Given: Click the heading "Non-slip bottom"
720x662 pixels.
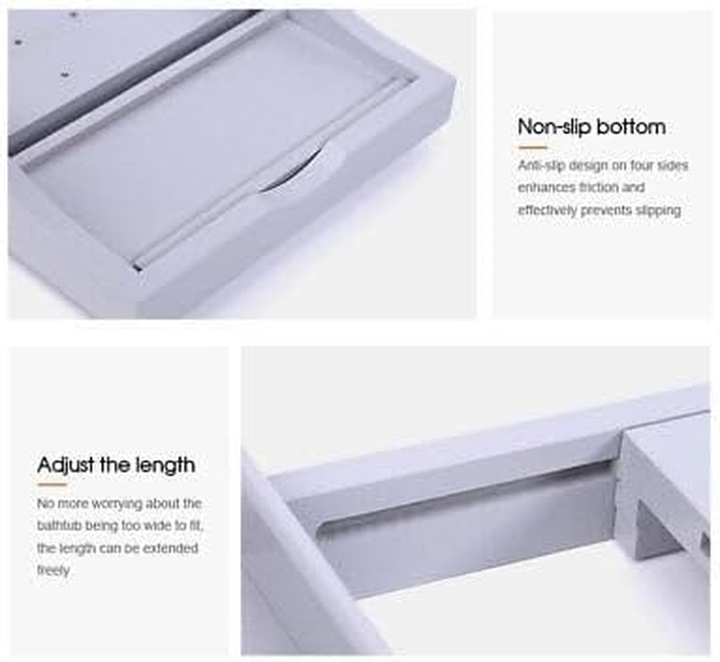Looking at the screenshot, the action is (592, 127).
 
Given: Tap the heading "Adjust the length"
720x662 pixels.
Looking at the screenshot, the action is (116, 465).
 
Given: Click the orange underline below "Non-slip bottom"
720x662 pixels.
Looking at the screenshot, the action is (533, 147).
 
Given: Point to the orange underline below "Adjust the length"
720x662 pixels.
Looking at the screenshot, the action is (52, 484).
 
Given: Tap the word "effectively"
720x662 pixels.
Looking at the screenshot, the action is (547, 210).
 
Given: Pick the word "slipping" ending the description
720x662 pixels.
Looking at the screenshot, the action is (658, 210).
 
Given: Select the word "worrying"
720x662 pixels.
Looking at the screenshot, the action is (117, 504).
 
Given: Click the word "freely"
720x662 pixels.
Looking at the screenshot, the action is (53, 571).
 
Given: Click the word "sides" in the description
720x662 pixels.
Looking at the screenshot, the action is (672, 165).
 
